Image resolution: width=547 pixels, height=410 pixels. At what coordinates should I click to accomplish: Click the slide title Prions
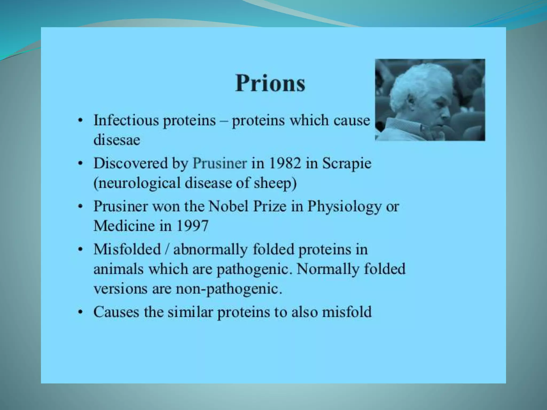(270, 83)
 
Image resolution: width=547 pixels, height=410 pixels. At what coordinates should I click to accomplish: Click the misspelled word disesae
(117, 140)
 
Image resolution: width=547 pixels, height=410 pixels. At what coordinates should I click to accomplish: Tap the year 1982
(285, 163)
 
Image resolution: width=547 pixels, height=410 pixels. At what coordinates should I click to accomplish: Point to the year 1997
(192, 226)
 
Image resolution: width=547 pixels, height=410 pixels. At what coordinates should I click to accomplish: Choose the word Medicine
(124, 226)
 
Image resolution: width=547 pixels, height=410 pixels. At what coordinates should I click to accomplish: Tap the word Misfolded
(127, 249)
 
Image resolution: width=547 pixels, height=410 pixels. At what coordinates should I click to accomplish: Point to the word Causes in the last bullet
(116, 312)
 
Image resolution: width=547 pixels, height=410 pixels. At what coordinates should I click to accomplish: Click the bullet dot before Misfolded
(80, 250)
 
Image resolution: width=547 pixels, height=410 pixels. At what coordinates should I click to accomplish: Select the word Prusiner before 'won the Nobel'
(120, 206)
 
